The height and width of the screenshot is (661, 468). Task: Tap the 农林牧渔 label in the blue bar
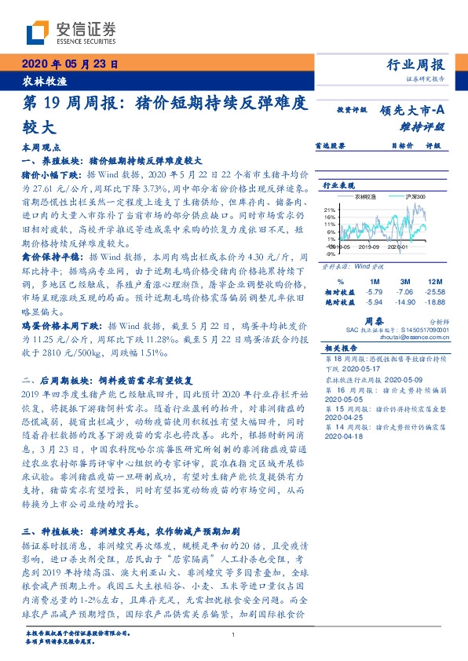click(x=34, y=81)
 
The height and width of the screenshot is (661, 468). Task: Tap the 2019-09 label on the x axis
click(x=369, y=246)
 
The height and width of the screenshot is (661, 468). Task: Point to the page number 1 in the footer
click(x=234, y=634)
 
